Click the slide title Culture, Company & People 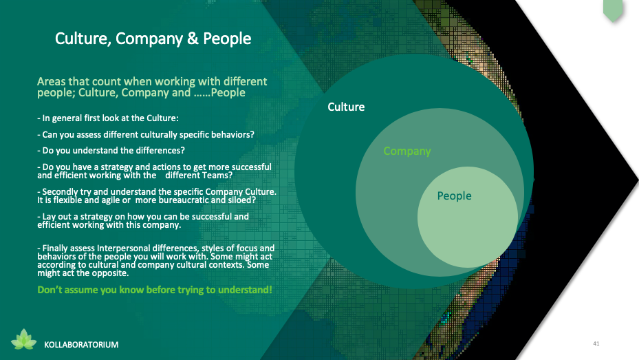click(153, 39)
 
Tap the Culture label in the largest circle click(346, 107)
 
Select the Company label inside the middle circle click(407, 151)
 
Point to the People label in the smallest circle click(455, 195)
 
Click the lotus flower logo click(23, 339)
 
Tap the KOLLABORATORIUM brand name click(81, 345)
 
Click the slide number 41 click(596, 343)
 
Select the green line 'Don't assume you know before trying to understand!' click(155, 290)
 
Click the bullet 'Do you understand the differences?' click(111, 151)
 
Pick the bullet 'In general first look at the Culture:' click(108, 118)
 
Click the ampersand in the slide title click(193, 39)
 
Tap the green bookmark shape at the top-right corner click(613, 10)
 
